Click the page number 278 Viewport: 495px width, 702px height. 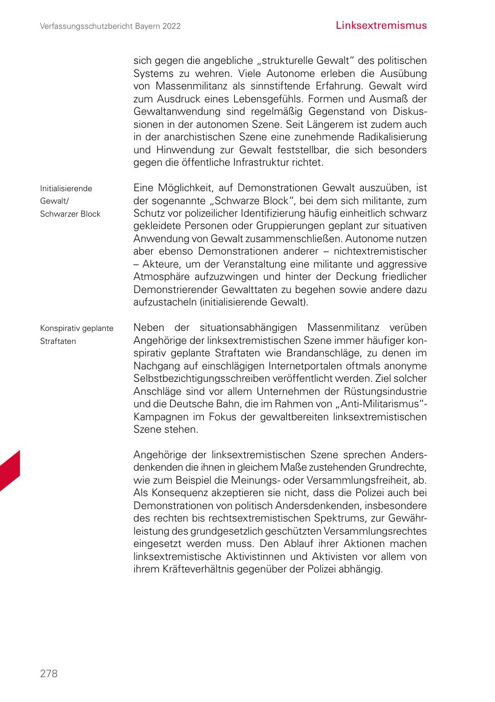pos(49,674)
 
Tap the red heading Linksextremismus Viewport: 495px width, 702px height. pos(381,26)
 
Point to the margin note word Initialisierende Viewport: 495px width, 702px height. pos(66,188)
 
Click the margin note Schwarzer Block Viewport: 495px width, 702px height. pos(70,214)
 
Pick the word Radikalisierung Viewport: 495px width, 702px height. pos(388,137)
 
